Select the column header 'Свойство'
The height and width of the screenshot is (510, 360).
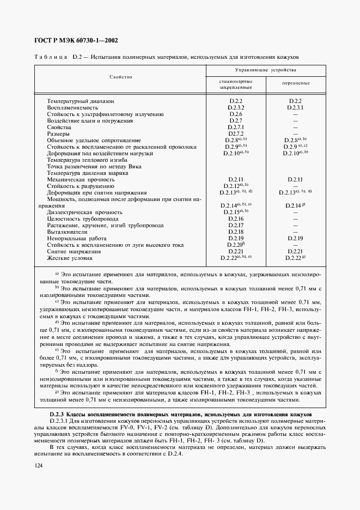(x=120, y=77)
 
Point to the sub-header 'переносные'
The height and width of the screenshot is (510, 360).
(x=296, y=83)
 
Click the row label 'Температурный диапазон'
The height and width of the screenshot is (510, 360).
(x=81, y=101)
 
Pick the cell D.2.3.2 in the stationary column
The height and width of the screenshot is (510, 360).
(x=235, y=108)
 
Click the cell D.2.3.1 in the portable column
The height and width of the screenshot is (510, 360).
(x=295, y=108)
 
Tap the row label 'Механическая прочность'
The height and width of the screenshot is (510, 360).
(x=80, y=179)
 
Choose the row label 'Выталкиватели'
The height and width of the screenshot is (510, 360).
(x=67, y=232)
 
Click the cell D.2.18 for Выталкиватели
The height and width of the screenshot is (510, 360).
(x=235, y=232)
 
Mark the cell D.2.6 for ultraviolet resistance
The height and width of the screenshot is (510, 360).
(x=235, y=114)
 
